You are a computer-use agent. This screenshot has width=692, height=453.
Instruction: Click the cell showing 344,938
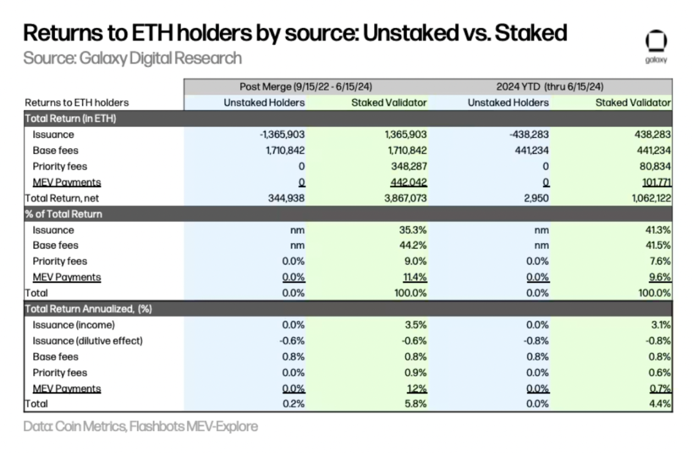[284, 198]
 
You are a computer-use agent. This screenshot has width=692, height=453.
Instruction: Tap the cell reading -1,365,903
[282, 135]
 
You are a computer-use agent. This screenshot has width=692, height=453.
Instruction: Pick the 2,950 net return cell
[536, 198]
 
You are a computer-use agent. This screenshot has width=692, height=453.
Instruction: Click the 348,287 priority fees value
[408, 167]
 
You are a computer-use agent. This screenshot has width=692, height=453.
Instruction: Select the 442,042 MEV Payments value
[408, 182]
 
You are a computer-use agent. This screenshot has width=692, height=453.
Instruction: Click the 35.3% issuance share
[413, 230]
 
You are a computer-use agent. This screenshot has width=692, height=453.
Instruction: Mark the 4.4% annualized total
[660, 403]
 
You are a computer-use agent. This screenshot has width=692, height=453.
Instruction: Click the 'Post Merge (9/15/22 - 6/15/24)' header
[306, 87]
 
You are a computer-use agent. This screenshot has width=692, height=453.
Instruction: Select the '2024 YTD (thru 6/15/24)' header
[550, 87]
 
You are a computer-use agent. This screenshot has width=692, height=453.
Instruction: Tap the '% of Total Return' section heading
[63, 214]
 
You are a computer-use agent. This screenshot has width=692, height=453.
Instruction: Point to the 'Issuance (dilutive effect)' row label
[88, 341]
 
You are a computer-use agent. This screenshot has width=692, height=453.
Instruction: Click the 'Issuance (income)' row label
[73, 325]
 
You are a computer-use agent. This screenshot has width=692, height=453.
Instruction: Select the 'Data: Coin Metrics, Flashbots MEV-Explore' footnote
[140, 426]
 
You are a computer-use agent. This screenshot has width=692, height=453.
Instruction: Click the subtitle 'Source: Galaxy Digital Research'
[132, 58]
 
